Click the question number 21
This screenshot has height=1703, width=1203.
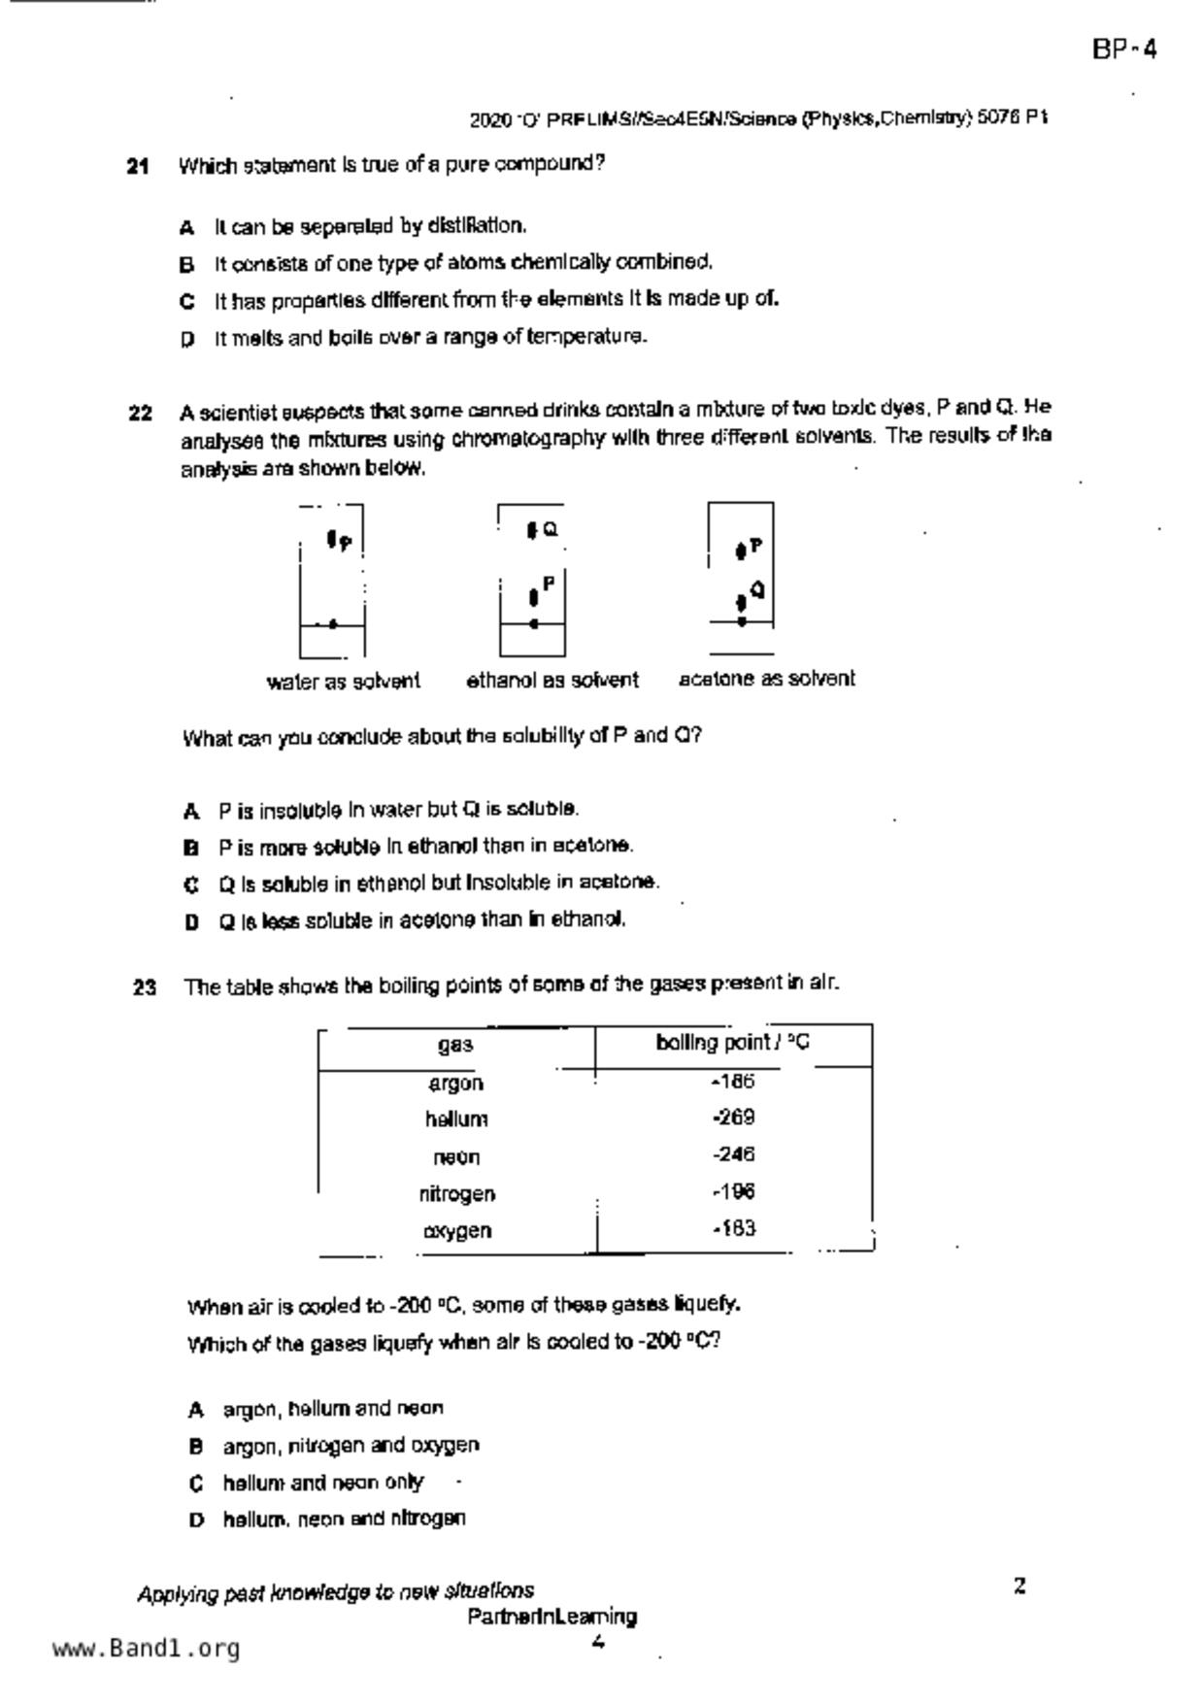tap(138, 166)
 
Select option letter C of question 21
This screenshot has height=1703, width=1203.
tap(187, 301)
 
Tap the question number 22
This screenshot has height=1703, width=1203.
tap(140, 414)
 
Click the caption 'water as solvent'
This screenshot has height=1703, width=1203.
tap(343, 682)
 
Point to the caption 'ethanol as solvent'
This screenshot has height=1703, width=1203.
tap(552, 680)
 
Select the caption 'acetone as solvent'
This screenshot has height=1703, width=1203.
tap(767, 679)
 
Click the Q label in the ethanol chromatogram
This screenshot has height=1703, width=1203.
tap(551, 529)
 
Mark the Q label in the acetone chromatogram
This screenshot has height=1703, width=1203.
tap(757, 589)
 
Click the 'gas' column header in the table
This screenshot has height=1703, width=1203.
tap(455, 1045)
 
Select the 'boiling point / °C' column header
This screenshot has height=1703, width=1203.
tap(732, 1043)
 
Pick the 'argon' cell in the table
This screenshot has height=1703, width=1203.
tap(455, 1083)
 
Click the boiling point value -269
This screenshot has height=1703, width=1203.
tap(733, 1118)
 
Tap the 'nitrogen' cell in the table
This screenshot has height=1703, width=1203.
tap(456, 1193)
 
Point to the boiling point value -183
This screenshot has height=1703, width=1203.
tap(733, 1228)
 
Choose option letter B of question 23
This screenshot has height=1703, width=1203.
tap(196, 1447)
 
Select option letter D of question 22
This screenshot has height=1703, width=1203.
tap(192, 921)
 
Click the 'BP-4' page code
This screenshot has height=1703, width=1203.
tap(1124, 50)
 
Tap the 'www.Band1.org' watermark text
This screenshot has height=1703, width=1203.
tap(147, 1649)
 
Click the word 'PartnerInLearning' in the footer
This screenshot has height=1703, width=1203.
tap(551, 1617)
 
